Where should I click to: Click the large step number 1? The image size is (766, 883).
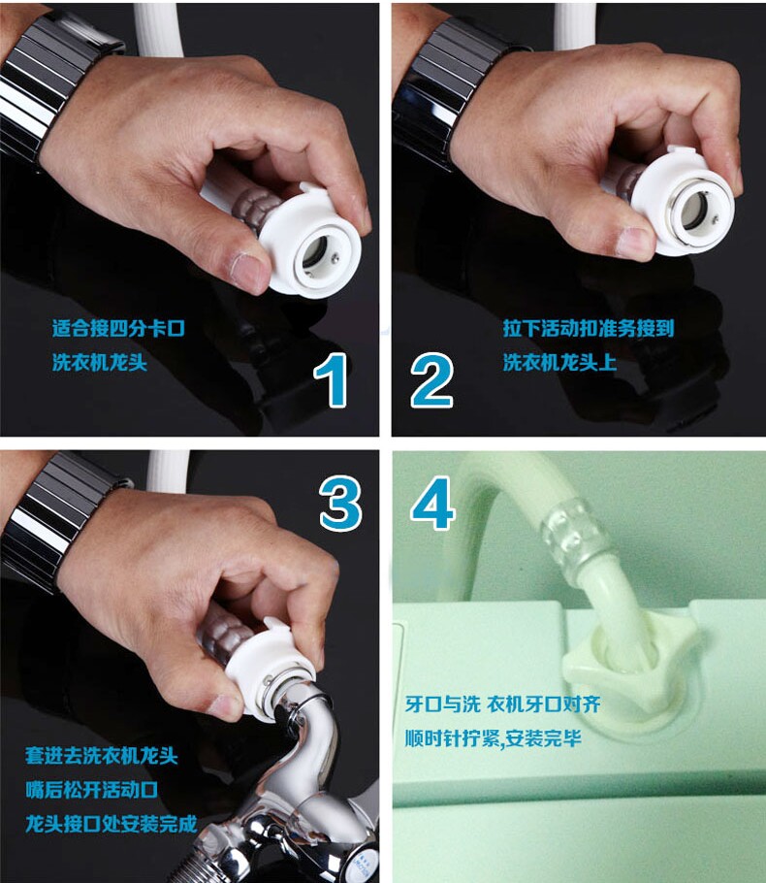(x=332, y=379)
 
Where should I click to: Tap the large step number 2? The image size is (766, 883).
(x=431, y=379)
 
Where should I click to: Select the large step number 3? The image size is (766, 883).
(x=340, y=504)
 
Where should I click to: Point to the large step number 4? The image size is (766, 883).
(x=432, y=504)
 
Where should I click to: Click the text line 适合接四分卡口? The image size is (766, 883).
(x=118, y=328)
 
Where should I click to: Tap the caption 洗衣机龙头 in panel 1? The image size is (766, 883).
(x=100, y=362)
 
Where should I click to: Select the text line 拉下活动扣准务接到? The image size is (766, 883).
(x=589, y=328)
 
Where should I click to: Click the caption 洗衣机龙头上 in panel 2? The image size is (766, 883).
(x=559, y=362)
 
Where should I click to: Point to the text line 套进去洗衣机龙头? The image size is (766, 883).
(x=101, y=756)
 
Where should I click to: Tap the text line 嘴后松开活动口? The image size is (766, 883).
(x=91, y=790)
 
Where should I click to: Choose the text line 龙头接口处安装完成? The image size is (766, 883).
(x=111, y=824)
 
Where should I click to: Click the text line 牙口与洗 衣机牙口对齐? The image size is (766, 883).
(x=502, y=703)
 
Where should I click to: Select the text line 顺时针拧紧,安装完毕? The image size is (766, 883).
(x=493, y=738)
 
